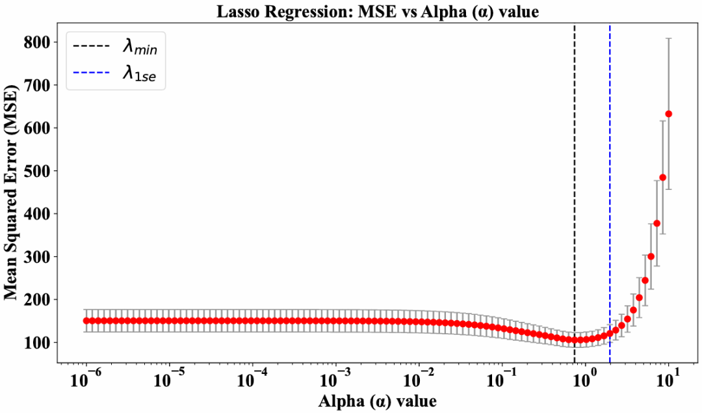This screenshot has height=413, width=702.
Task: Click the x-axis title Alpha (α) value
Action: point(377,400)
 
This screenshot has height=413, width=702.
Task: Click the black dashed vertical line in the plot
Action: point(575,195)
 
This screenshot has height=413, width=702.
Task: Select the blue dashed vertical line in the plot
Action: point(610,195)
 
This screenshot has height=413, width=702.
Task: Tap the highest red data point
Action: point(669,114)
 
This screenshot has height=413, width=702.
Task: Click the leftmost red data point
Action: point(86,321)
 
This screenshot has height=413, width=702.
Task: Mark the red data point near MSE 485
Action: point(663,177)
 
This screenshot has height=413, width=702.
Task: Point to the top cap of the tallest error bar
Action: point(669,38)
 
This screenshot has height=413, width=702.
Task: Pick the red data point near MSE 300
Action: point(651,256)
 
